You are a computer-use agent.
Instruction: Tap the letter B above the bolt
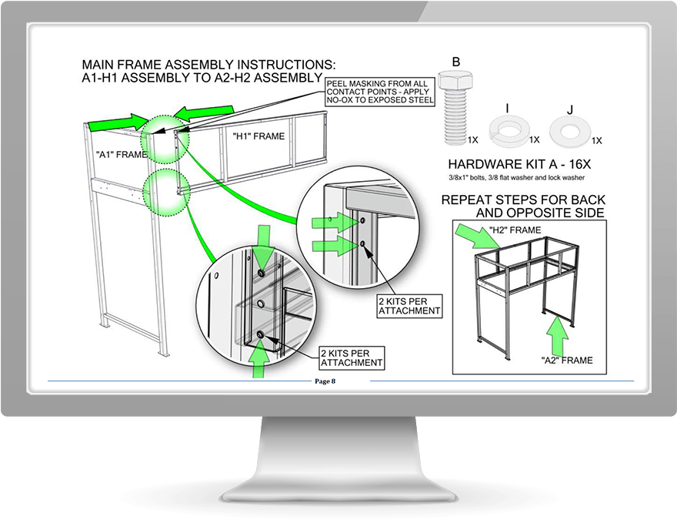click(456, 62)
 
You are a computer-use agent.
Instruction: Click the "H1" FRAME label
click(258, 136)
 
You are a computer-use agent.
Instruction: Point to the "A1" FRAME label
click(121, 154)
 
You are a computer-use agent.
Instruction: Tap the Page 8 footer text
click(325, 381)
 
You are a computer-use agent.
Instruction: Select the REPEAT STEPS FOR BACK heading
click(522, 200)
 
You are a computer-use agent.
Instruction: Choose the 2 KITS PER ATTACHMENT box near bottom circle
click(351, 357)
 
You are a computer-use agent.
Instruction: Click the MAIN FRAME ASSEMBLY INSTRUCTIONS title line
click(208, 65)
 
